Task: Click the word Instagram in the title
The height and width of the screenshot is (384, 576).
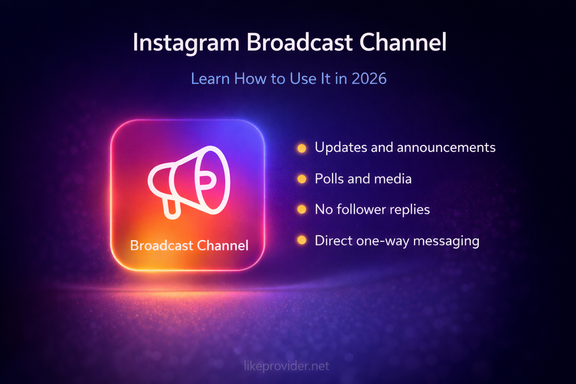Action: click(186, 42)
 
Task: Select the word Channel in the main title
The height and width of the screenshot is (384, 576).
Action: click(403, 42)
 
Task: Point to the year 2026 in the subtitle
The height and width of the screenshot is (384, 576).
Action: click(369, 79)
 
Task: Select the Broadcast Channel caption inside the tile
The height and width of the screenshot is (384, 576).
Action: click(189, 246)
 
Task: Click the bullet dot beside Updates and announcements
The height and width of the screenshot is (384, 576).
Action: click(301, 148)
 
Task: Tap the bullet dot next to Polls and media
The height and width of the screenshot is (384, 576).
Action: click(301, 179)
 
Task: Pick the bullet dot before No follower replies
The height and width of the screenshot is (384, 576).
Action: click(301, 209)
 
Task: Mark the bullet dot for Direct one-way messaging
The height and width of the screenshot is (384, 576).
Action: click(301, 240)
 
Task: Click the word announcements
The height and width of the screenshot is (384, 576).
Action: click(446, 147)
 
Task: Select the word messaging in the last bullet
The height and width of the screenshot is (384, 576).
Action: click(446, 241)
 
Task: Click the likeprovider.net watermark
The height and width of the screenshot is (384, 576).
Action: click(286, 366)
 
